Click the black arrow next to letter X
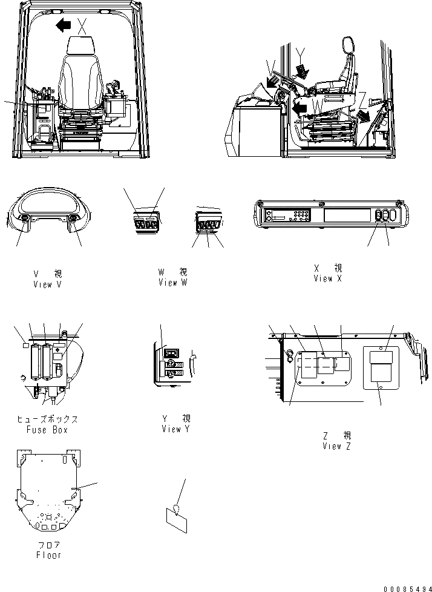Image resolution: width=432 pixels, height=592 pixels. (62, 25)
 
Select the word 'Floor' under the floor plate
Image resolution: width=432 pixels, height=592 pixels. (48, 554)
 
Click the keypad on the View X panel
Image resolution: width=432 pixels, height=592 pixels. (299, 214)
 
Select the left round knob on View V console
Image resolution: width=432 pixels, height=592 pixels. (25, 219)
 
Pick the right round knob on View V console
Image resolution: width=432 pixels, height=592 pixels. (73, 219)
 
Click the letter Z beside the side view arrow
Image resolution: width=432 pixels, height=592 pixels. (362, 96)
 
